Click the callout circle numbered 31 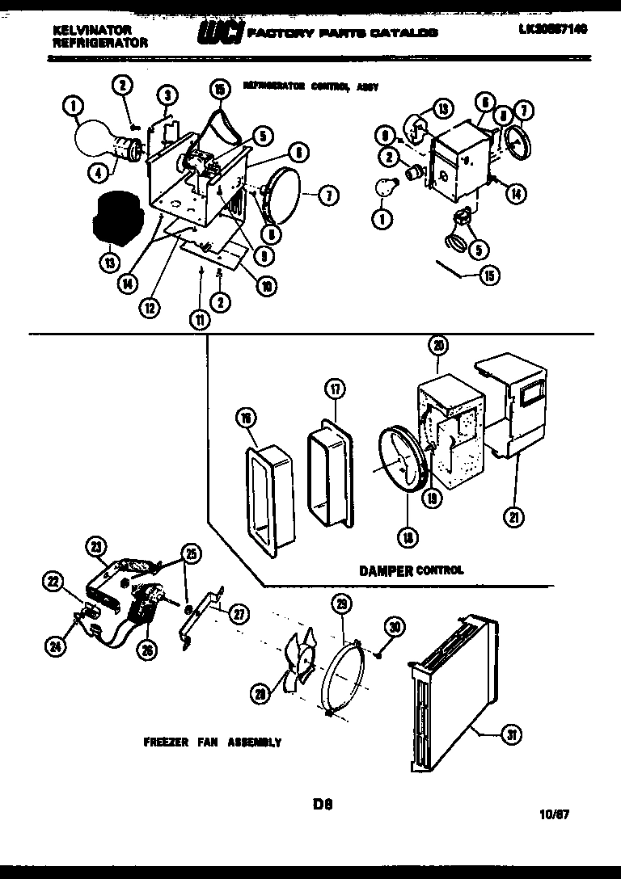point(512,734)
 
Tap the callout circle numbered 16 point(246,417)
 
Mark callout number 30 point(394,625)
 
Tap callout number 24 point(55,645)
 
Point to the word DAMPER point(386,570)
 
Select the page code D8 point(323,804)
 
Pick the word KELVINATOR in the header point(91,28)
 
